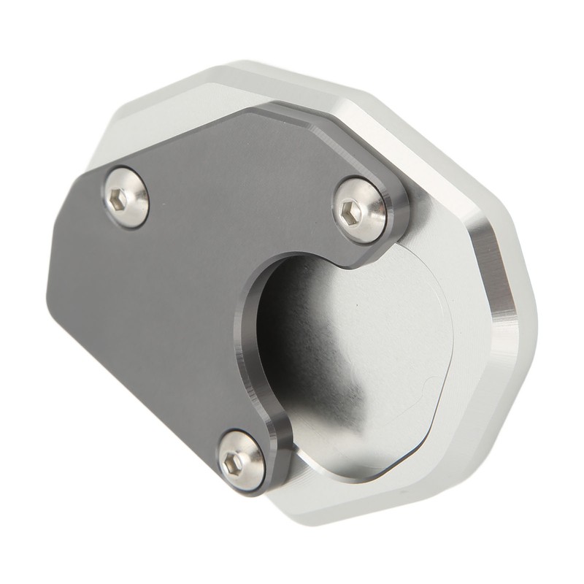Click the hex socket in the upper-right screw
pyautogui.click(x=351, y=212)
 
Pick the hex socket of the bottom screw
pyautogui.click(x=232, y=461)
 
